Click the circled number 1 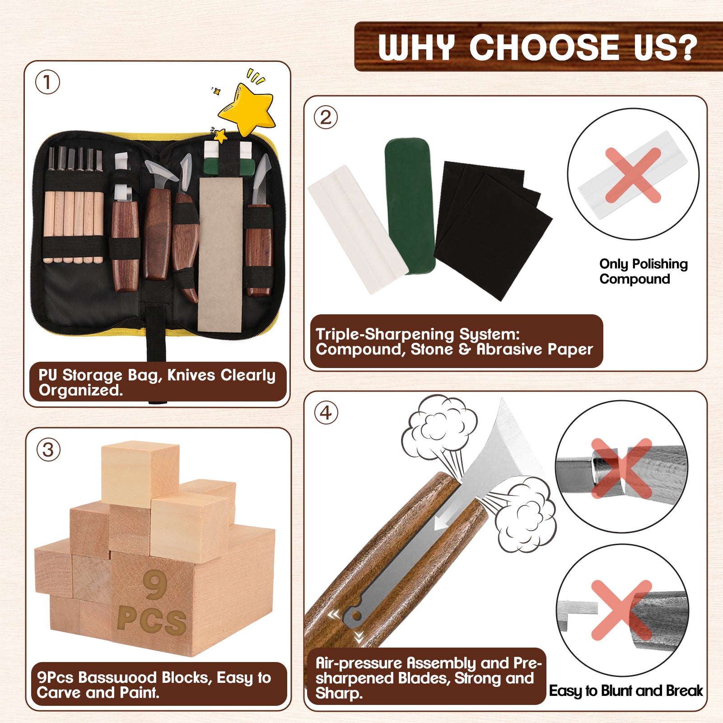point(47,83)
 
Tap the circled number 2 point(326,117)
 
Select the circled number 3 point(48,450)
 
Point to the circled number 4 point(326,413)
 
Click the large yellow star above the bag point(247,109)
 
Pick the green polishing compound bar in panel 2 point(410,205)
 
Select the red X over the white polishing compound point(633,175)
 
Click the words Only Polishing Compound point(644,271)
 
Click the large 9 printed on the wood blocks point(155,585)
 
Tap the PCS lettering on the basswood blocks point(152,620)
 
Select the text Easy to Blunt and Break point(626,690)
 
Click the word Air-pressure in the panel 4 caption point(359,663)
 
